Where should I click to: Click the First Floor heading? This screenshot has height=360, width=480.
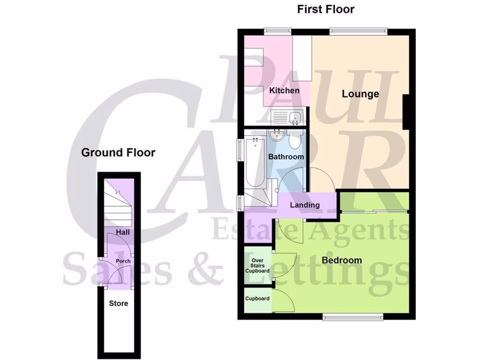(x=326, y=9)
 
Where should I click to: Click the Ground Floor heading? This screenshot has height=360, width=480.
(x=118, y=152)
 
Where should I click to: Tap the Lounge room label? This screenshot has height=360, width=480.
(x=360, y=94)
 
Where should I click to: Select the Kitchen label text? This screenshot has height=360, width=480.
(x=284, y=90)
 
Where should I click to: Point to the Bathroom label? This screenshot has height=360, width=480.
(x=286, y=157)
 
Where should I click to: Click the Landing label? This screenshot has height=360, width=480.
(x=305, y=205)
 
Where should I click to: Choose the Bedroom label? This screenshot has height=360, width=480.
(x=341, y=260)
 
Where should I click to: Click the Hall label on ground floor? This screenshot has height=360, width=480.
(x=123, y=232)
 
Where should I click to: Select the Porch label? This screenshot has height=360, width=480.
(x=123, y=261)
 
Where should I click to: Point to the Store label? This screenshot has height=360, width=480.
(x=119, y=303)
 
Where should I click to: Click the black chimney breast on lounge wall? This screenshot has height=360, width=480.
(x=407, y=111)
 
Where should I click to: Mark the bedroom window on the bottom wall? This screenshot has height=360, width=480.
(x=353, y=317)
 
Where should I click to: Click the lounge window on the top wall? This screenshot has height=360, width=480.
(x=358, y=31)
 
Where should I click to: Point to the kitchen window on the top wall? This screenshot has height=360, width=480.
(x=278, y=31)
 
